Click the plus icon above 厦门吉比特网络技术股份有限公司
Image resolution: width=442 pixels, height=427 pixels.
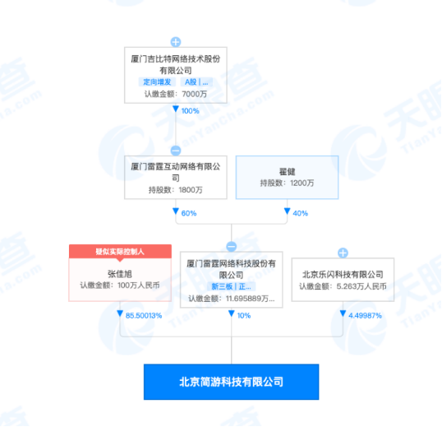click(x=176, y=42)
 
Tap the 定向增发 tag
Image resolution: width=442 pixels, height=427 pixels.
click(x=157, y=81)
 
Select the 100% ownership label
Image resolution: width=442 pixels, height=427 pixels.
click(x=191, y=111)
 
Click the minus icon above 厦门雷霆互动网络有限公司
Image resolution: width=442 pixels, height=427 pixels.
click(x=176, y=151)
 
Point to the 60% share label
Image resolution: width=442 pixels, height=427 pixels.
click(x=189, y=213)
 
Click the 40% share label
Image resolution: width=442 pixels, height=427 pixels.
click(x=301, y=213)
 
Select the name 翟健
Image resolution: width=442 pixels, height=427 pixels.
click(x=288, y=171)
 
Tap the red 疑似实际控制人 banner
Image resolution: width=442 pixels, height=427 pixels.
click(x=120, y=251)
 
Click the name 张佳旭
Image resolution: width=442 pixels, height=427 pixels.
click(x=120, y=273)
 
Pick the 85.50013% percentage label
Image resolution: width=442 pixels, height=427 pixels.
click(x=144, y=316)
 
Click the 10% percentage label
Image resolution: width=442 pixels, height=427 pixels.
click(x=244, y=316)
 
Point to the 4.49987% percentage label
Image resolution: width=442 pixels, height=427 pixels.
click(x=366, y=316)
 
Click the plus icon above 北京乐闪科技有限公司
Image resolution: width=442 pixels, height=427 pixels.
click(x=343, y=253)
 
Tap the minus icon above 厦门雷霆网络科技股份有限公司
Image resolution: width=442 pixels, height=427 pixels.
click(x=232, y=247)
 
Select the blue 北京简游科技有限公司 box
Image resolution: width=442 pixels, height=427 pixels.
click(x=231, y=382)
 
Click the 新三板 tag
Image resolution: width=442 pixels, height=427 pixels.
click(x=222, y=287)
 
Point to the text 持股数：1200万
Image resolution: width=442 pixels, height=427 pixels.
click(x=287, y=183)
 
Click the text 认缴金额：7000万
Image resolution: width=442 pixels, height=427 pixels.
click(x=176, y=94)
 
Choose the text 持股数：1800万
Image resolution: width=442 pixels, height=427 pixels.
click(x=176, y=190)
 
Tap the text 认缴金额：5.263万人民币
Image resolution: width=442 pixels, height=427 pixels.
click(x=343, y=286)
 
